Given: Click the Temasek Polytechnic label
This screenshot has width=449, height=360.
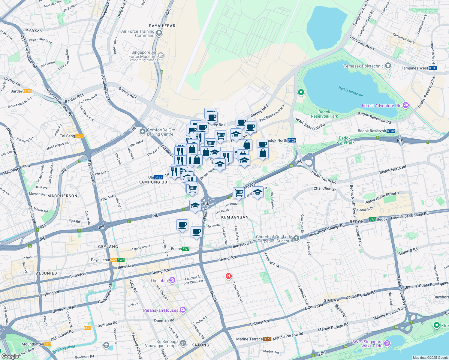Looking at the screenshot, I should [x=363, y=66].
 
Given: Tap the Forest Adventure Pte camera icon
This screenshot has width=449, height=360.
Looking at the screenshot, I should [x=406, y=105].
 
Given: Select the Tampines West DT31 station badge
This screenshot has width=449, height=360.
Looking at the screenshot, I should [x=432, y=68].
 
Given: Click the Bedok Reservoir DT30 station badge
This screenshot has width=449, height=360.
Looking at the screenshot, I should [x=391, y=131].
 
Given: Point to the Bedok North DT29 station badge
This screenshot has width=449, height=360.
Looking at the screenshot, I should [x=292, y=140].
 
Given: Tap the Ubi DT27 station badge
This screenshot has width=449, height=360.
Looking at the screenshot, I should [x=158, y=177].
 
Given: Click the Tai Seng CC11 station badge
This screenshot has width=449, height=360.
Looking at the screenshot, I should [x=80, y=136].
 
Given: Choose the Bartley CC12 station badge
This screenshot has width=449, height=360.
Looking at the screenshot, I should [x=27, y=91].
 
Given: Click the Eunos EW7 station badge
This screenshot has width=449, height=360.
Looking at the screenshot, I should [x=186, y=249].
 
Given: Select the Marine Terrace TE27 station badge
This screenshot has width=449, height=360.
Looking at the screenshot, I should [x=267, y=339].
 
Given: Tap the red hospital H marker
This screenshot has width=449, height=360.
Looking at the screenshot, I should [x=229, y=276].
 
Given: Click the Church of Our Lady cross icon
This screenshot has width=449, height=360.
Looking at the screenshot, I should [x=296, y=238].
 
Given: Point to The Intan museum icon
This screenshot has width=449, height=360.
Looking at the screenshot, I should [x=172, y=280].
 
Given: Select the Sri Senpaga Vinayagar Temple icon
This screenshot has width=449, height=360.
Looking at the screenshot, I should [x=183, y=343].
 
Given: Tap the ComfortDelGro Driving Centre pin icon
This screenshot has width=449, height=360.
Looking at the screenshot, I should [x=143, y=132].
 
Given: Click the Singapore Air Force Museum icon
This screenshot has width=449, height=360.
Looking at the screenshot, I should [x=161, y=55].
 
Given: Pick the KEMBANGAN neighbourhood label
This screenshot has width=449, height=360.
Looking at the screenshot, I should [x=235, y=217].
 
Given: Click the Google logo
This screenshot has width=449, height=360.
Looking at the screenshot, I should [x=10, y=356].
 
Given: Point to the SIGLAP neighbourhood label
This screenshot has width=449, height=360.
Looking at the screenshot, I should [x=331, y=300].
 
